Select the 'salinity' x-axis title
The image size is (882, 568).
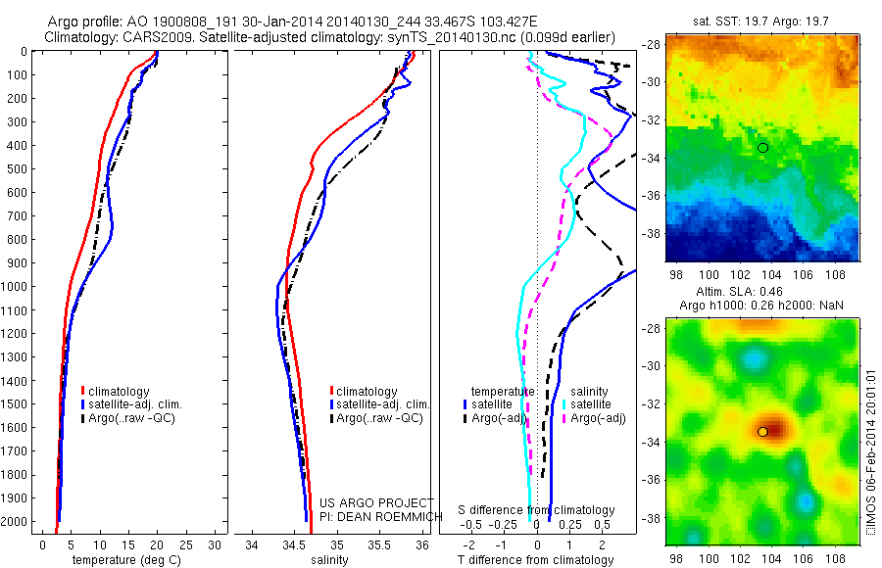pyautogui.click(x=328, y=560)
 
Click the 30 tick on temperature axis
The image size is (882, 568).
pyautogui.click(x=216, y=545)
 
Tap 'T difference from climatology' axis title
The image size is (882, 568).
pyautogui.click(x=537, y=560)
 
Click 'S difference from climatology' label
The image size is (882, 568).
pyautogui.click(x=537, y=510)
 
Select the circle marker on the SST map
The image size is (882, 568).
pyautogui.click(x=762, y=147)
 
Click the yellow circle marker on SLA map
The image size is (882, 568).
pyautogui.click(x=762, y=432)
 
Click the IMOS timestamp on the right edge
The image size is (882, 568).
pyautogui.click(x=871, y=460)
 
